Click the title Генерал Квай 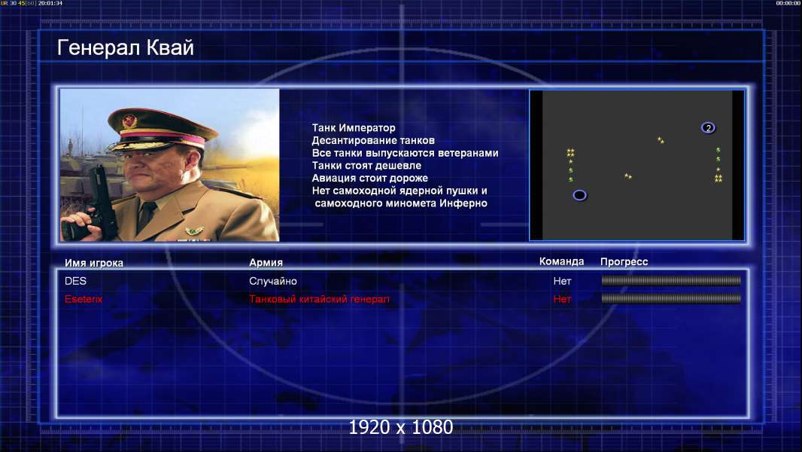click(x=126, y=47)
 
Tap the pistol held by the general click(x=100, y=200)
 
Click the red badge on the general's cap click(x=129, y=121)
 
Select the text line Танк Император click(x=354, y=128)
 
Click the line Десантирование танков click(x=373, y=140)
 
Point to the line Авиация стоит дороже click(x=370, y=178)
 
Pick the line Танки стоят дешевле click(x=366, y=165)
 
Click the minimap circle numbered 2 click(x=708, y=127)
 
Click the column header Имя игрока click(x=93, y=263)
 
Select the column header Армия click(x=266, y=262)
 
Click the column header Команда click(x=561, y=261)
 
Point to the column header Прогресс click(x=624, y=261)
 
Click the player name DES click(x=75, y=281)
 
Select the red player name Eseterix click(x=84, y=299)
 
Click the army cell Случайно click(x=272, y=281)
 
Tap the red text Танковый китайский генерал click(x=319, y=299)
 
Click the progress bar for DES click(x=671, y=280)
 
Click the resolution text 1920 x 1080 click(x=400, y=427)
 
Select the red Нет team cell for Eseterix click(x=562, y=299)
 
